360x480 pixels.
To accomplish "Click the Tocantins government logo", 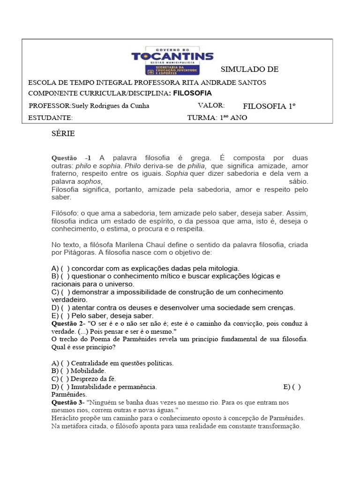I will click(172, 60).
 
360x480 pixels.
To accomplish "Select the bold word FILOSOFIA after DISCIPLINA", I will click(193, 93).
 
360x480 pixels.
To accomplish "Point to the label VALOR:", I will click(211, 105).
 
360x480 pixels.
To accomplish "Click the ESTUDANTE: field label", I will click(51, 118).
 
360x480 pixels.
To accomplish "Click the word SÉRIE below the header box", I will click(63, 134).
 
